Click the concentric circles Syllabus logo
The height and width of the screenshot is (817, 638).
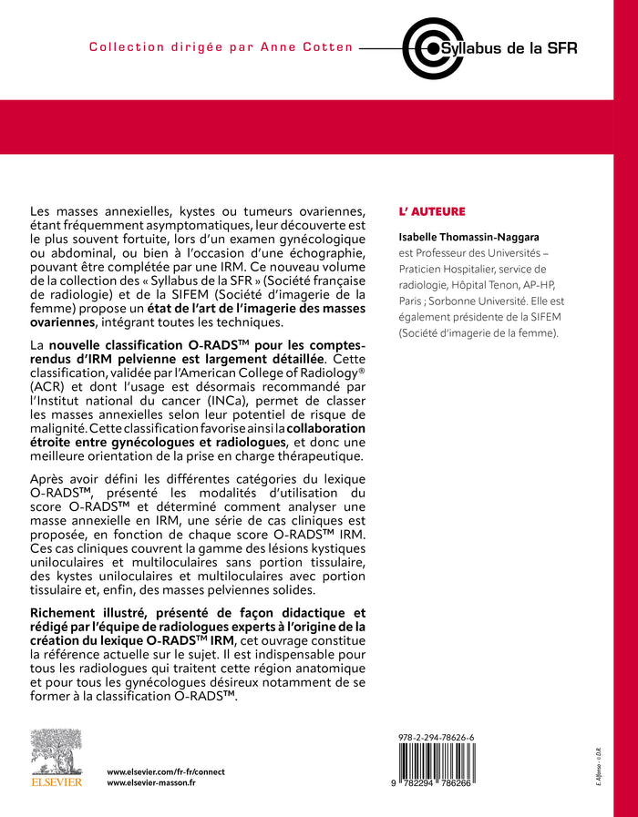click(x=425, y=47)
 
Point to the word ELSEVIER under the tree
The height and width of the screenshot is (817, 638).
click(x=57, y=781)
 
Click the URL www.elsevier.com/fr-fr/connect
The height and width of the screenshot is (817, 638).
click(x=166, y=771)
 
